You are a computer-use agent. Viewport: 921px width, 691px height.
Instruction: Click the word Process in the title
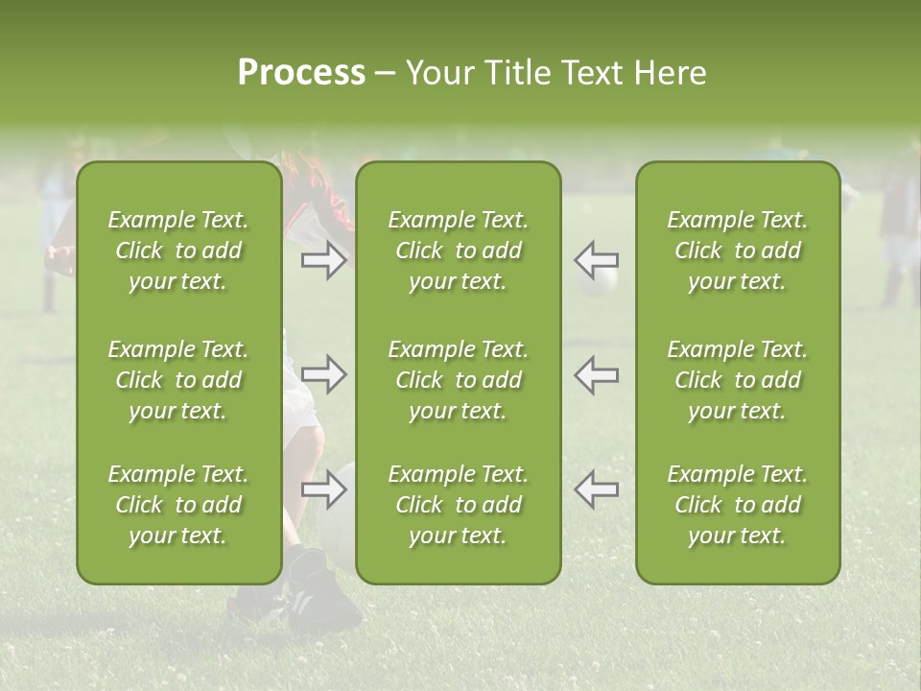click(301, 73)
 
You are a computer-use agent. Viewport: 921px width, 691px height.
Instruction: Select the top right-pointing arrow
click(324, 260)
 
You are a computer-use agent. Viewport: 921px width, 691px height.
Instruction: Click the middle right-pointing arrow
click(324, 374)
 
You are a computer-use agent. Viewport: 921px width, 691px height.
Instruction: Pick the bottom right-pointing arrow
click(324, 489)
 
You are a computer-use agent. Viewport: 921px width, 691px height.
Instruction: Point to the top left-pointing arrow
click(597, 260)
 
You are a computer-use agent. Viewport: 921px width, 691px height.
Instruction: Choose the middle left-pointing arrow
click(597, 374)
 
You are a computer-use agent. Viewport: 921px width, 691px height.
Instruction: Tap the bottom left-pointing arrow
click(597, 489)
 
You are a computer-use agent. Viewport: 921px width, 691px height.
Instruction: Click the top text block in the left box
click(178, 250)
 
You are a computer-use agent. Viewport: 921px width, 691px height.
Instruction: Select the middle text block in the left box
click(178, 380)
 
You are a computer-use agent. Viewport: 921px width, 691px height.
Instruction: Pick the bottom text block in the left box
click(178, 505)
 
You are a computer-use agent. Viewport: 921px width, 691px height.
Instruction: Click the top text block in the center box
click(459, 250)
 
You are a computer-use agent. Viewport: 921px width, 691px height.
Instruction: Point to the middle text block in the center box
click(459, 380)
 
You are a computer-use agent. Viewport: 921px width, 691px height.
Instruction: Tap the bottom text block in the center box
click(459, 505)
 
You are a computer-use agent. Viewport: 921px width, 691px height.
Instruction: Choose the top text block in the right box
click(738, 250)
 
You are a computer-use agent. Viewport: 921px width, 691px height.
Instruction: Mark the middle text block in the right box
click(738, 380)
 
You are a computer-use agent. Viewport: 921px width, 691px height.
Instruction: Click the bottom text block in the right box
click(738, 505)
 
